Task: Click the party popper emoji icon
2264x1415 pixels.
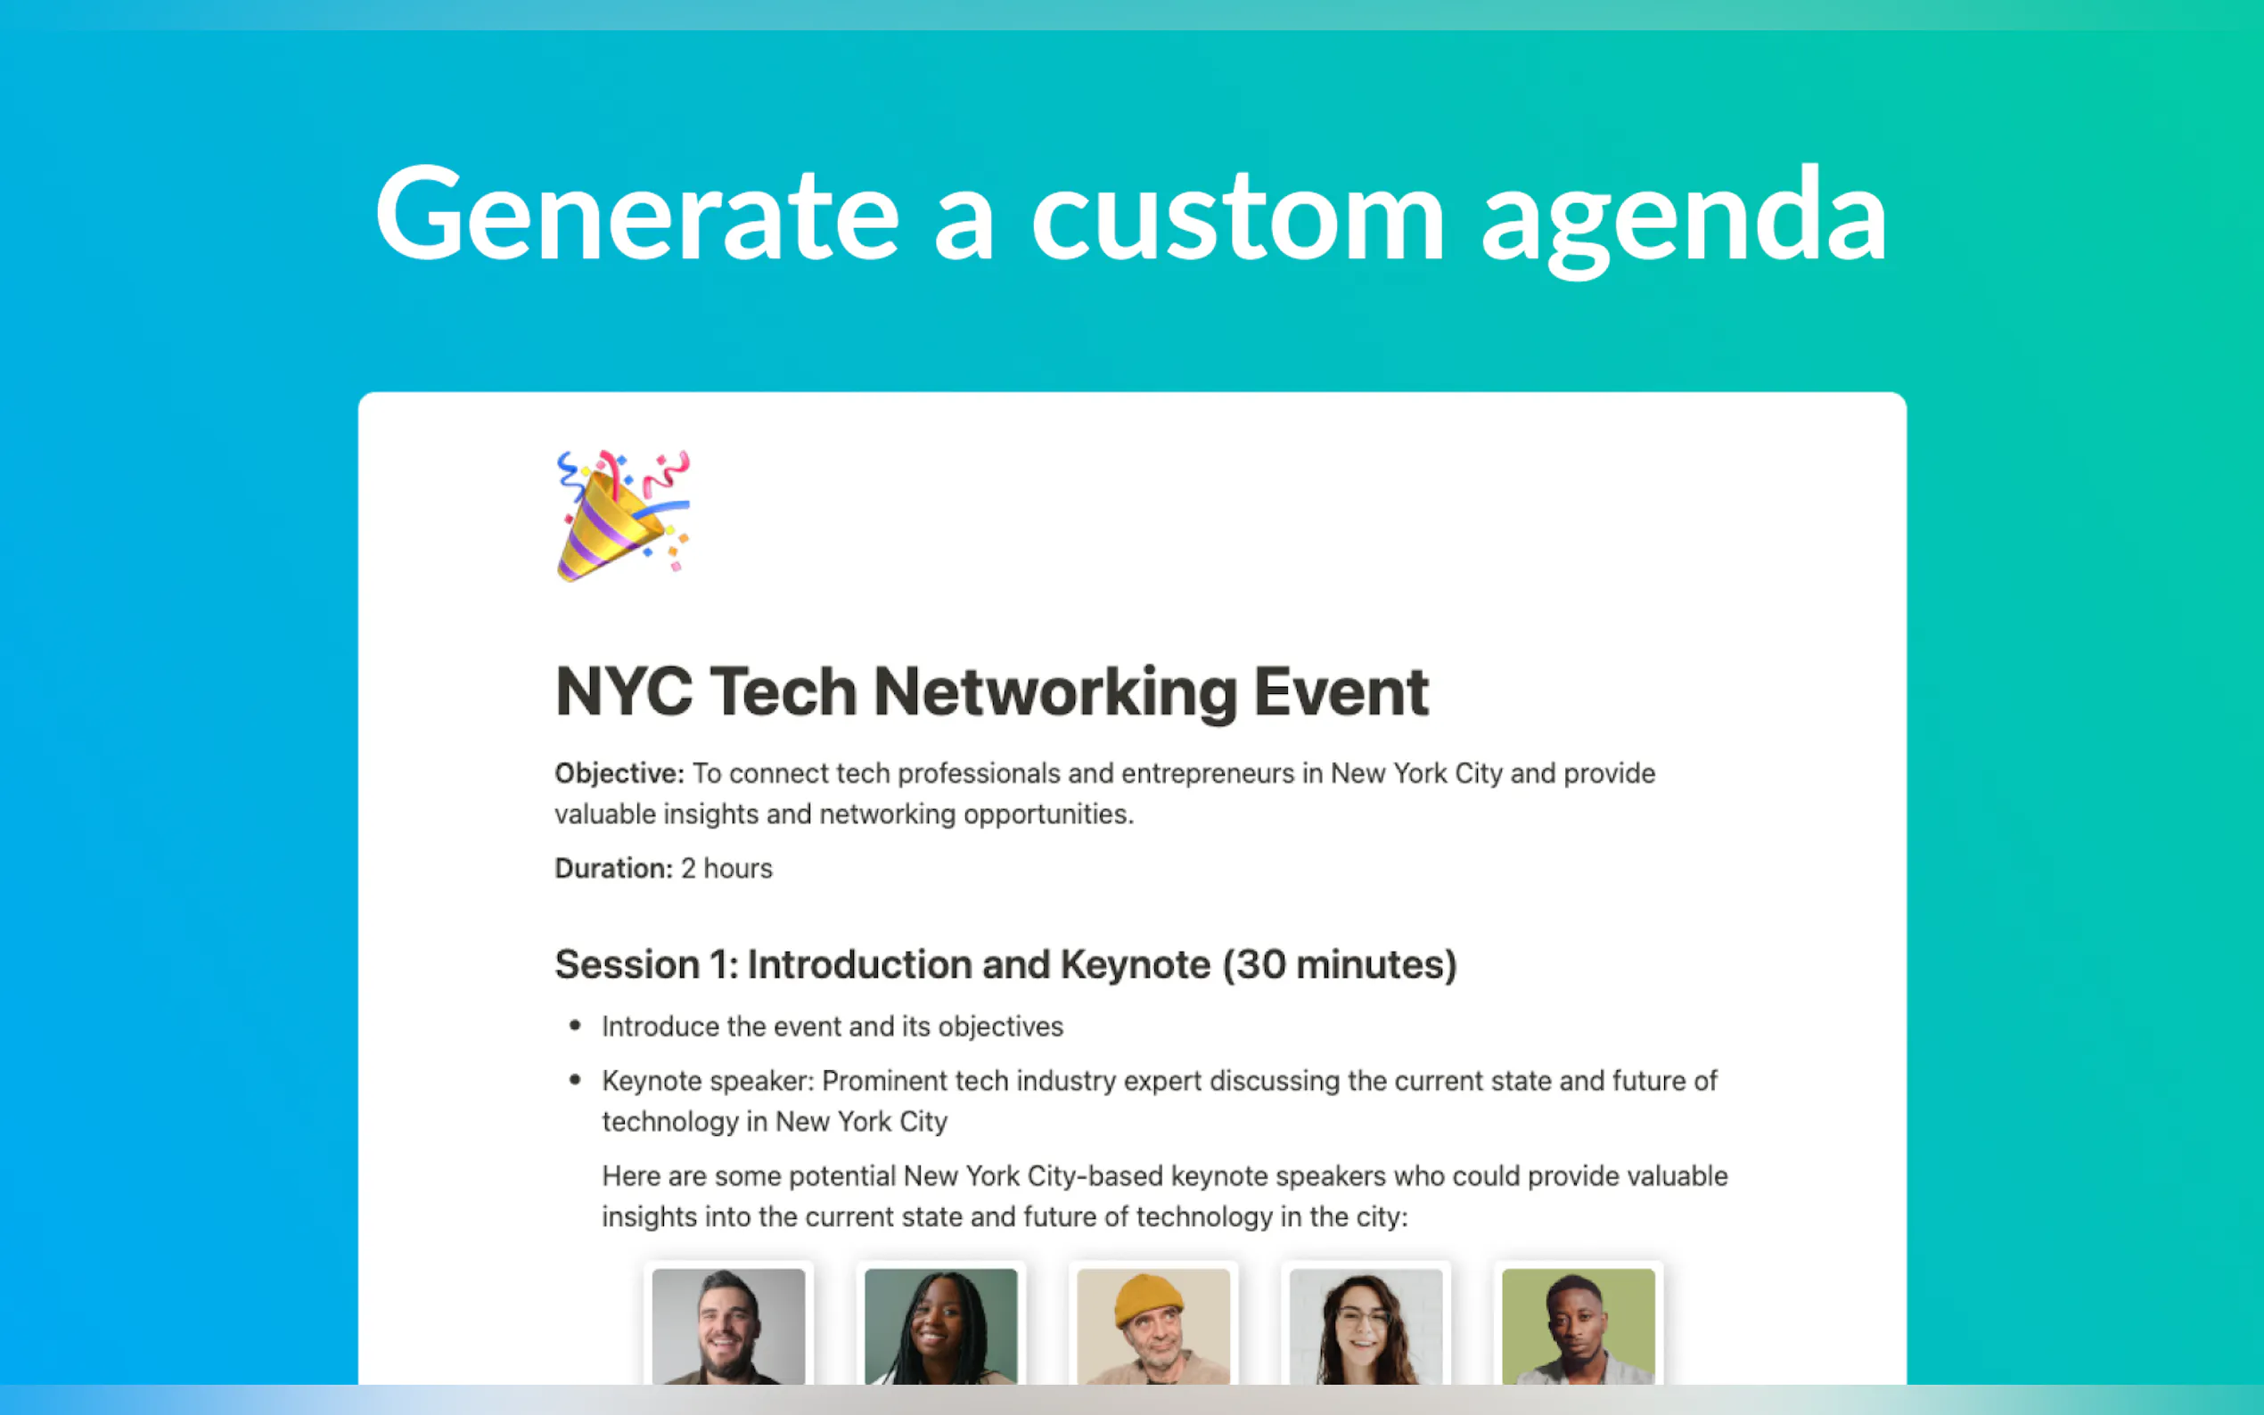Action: click(623, 516)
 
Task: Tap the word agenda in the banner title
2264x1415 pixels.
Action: click(1685, 223)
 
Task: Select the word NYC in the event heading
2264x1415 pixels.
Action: click(624, 692)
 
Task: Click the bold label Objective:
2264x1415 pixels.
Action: click(619, 774)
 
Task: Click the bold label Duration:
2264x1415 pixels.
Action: click(614, 869)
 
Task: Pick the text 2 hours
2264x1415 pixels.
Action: click(726, 869)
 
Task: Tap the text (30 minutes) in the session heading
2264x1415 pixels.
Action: click(1341, 965)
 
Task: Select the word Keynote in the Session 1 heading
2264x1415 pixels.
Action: click(1136, 965)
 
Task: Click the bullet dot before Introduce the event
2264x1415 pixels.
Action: click(575, 1026)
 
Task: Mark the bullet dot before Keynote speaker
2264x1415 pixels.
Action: click(575, 1080)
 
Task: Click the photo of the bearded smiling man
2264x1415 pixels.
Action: click(728, 1326)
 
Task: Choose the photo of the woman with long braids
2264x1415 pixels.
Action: click(940, 1326)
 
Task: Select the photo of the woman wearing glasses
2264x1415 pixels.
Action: click(1366, 1326)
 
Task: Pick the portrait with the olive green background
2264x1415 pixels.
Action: click(1578, 1326)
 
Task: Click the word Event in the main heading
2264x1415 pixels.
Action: click(1341, 692)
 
